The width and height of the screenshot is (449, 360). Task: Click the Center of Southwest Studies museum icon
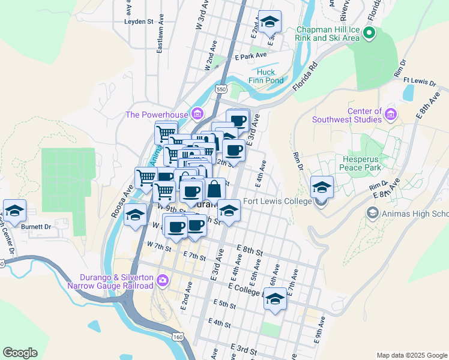click(391, 113)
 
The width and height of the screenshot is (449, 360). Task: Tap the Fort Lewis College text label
click(277, 202)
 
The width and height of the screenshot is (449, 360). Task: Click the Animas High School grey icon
click(372, 213)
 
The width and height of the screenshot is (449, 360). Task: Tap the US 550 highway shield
click(222, 89)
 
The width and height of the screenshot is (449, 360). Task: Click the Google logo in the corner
click(20, 353)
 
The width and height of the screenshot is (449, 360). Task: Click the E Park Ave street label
click(251, 56)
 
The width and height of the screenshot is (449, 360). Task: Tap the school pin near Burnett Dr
click(14, 210)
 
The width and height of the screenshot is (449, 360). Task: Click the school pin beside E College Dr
click(275, 299)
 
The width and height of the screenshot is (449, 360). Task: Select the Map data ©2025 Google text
click(412, 355)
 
